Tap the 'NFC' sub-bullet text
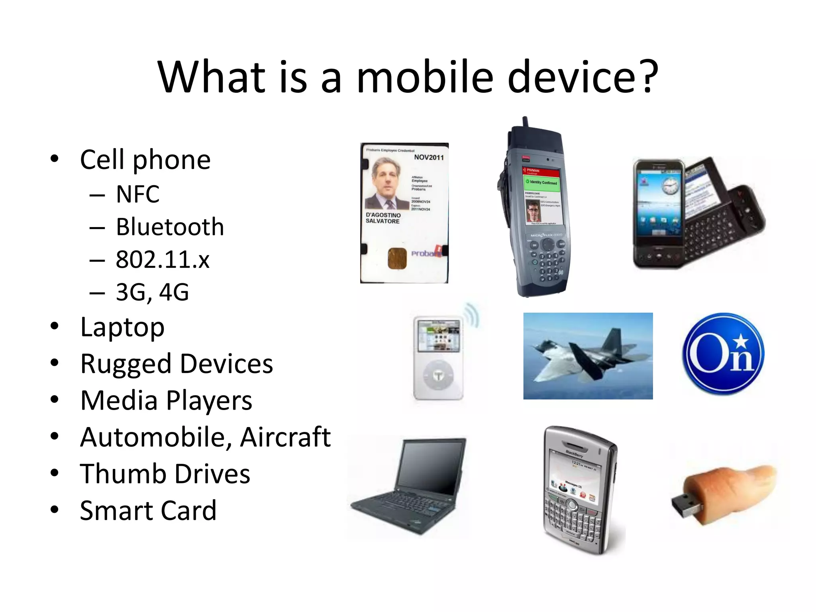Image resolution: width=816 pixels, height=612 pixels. point(137,194)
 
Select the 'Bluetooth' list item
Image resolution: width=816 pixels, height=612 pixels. point(170,227)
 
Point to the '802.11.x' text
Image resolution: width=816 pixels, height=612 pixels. point(163,260)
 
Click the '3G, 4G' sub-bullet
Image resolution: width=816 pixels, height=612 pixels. point(152,292)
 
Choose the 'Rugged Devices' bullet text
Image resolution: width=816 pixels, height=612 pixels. point(177,364)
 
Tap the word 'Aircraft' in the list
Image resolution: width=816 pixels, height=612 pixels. point(285,437)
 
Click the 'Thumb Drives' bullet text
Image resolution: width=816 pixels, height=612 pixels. point(165,474)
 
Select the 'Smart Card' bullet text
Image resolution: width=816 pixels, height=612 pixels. point(148,510)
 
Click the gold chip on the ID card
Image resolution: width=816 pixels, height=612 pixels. point(397,258)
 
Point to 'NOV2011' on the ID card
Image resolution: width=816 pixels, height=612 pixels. point(429,157)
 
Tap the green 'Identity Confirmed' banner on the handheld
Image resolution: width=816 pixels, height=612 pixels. point(541,182)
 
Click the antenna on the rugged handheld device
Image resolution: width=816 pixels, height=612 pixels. point(526,122)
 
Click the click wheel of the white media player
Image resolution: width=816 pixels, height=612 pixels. point(438,375)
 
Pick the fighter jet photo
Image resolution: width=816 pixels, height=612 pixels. point(588,356)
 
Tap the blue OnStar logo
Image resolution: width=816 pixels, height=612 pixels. point(723,354)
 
